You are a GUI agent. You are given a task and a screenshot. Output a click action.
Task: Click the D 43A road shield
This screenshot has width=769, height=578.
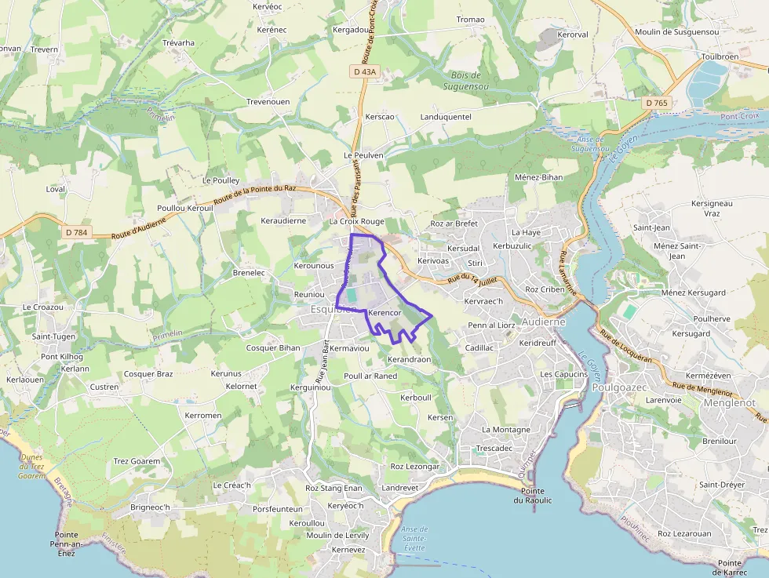(364, 71)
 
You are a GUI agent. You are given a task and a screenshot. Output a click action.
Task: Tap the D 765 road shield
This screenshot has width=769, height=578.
(656, 103)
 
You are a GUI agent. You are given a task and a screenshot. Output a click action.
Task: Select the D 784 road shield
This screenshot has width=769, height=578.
(77, 232)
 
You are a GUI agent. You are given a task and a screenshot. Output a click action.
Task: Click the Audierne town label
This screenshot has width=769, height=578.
(542, 322)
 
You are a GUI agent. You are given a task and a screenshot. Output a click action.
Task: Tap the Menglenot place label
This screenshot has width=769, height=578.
(729, 402)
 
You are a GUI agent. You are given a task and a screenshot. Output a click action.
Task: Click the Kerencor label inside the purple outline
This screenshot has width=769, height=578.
(384, 313)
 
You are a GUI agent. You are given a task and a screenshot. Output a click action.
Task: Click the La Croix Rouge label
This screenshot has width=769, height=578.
(357, 221)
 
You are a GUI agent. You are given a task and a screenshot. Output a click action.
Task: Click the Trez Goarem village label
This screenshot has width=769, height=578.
(137, 461)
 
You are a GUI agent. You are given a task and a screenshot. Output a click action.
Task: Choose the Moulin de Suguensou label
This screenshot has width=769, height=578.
(676, 31)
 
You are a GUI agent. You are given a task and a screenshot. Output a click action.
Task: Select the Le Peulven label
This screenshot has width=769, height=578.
(364, 155)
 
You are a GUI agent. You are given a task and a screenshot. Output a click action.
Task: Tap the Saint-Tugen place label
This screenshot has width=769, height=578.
(53, 336)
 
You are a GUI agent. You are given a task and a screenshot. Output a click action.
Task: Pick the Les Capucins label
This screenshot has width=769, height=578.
(563, 374)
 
